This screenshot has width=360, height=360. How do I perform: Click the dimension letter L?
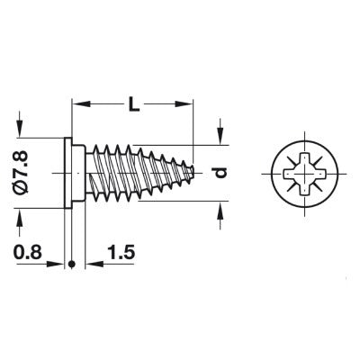pos(134,104)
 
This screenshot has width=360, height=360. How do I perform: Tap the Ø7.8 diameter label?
pos(22,173)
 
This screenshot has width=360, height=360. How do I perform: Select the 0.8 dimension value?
pos(27,253)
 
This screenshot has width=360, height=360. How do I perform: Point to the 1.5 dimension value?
pos(121,253)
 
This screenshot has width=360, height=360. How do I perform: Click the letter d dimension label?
pos(220,173)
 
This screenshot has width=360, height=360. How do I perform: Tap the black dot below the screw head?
pos(71,264)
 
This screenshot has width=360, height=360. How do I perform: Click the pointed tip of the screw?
pos(193,172)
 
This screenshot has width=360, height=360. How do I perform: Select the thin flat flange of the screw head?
pos(68,173)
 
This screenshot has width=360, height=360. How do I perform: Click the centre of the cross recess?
pos(305,174)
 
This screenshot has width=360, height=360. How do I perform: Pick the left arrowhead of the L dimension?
pos(82,103)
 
